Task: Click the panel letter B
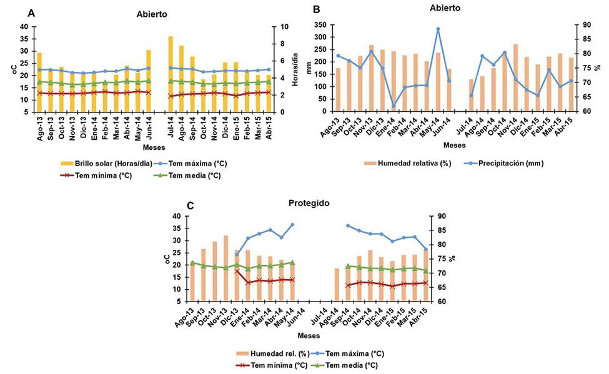tap(316, 9)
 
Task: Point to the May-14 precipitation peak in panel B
tap(438, 29)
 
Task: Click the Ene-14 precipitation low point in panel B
tap(394, 106)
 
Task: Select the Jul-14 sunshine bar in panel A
tap(171, 74)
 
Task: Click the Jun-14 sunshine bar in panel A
tap(148, 81)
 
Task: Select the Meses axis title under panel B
tap(454, 145)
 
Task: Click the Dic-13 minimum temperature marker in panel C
tap(237, 271)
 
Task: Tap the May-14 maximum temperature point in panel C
tap(292, 225)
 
